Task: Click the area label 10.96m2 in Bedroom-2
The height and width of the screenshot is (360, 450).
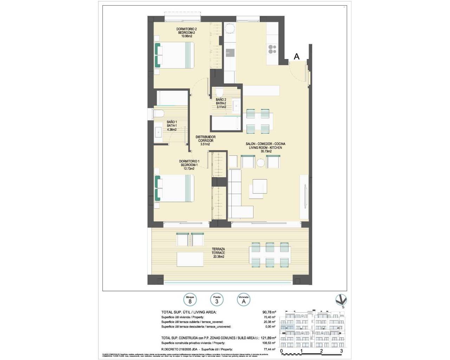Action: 186,36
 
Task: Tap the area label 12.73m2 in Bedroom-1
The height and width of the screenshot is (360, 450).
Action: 188,168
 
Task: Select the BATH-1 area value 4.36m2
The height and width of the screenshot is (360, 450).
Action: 172,129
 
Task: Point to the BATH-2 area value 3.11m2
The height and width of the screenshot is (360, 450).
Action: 221,107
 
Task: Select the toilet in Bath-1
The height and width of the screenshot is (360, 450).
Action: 158,114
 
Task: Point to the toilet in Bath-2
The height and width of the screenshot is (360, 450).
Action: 219,92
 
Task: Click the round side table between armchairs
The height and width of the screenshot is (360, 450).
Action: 261,163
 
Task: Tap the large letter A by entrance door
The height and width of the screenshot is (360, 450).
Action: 297,56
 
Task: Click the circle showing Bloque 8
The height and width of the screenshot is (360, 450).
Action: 190,300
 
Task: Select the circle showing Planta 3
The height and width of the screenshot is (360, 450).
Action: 217,300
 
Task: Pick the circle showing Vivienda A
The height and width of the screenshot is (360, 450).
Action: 244,300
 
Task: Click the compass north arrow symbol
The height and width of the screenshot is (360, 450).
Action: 341,300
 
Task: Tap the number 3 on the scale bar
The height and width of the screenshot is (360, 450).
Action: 341,351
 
